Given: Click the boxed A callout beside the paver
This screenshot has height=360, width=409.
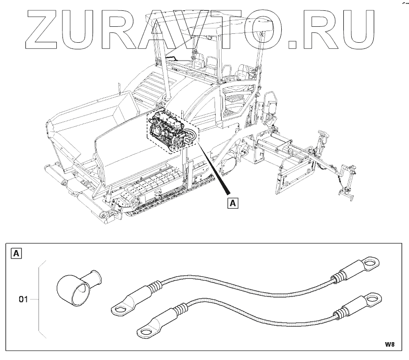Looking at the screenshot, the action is pyautogui.click(x=233, y=203).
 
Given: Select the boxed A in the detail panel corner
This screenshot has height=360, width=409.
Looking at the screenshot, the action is pyautogui.click(x=16, y=254).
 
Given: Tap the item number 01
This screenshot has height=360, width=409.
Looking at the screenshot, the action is pyautogui.click(x=24, y=298).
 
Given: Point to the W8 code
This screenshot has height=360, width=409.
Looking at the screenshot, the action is pyautogui.click(x=389, y=344).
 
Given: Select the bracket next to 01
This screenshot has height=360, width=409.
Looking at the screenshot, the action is pyautogui.click(x=41, y=298).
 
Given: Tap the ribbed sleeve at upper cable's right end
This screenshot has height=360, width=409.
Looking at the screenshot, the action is pyautogui.click(x=345, y=273).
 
